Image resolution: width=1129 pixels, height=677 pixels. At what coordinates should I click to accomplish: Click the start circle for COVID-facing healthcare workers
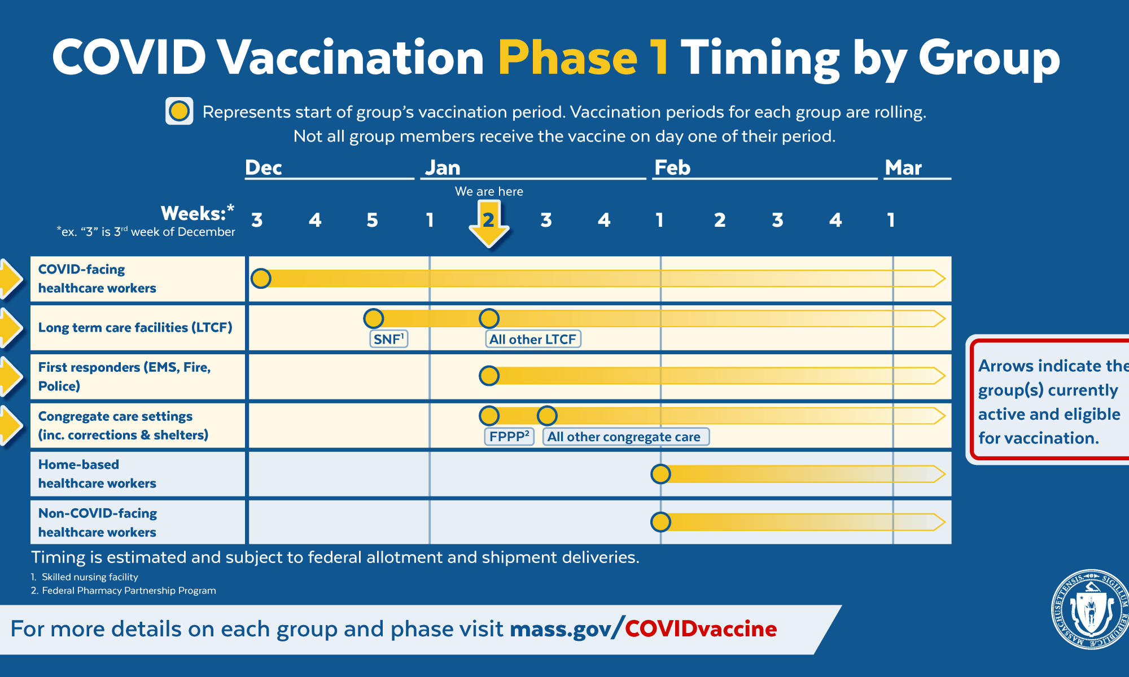click(x=261, y=278)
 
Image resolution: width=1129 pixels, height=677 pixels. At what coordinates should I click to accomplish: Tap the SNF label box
click(x=389, y=339)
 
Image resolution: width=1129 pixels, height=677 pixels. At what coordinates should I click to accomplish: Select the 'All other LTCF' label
click(x=533, y=339)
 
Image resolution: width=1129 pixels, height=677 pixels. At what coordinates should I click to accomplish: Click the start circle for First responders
click(x=489, y=376)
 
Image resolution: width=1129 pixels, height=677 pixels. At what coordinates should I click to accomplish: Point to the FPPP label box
click(x=509, y=437)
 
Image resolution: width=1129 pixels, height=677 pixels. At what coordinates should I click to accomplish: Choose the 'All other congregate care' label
click(x=625, y=437)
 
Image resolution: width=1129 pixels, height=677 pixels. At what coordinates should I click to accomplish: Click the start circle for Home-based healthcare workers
click(x=660, y=474)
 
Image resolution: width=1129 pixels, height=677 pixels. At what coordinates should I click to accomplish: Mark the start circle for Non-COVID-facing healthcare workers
click(x=660, y=522)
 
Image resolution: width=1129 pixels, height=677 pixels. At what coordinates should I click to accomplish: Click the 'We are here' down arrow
click(x=489, y=226)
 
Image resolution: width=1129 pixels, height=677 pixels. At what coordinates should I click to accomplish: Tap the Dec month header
click(x=264, y=168)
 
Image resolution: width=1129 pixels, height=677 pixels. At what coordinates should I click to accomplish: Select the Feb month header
click(x=672, y=168)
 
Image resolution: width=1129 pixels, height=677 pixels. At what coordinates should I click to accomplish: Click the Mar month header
click(x=903, y=168)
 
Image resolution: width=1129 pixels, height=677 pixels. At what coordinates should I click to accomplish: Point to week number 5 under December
click(x=372, y=220)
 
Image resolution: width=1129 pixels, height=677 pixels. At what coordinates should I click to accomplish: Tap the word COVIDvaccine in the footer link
click(x=701, y=628)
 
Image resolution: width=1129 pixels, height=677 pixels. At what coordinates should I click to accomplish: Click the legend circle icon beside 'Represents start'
click(x=180, y=111)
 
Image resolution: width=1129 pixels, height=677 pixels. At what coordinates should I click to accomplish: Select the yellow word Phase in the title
click(x=568, y=58)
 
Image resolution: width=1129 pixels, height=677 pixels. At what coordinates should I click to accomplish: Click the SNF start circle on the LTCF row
click(x=373, y=318)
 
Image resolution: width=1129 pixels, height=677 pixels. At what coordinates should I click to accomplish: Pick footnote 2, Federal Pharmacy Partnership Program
click(x=124, y=591)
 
